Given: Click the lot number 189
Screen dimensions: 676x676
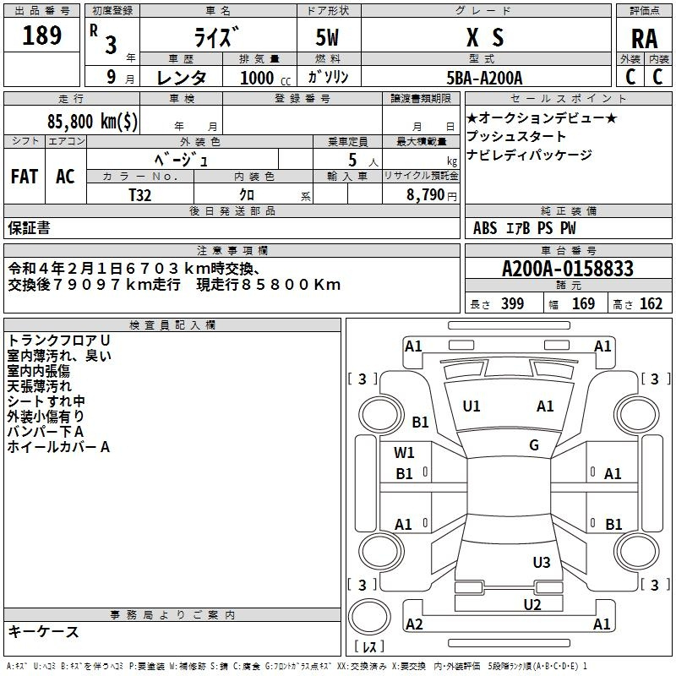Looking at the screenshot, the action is pyautogui.click(x=41, y=35).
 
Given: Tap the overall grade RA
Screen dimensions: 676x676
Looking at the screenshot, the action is pyautogui.click(x=645, y=39).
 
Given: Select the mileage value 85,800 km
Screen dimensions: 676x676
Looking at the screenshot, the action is pyautogui.click(x=92, y=121).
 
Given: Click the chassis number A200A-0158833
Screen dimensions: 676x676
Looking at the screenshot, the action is pyautogui.click(x=568, y=269).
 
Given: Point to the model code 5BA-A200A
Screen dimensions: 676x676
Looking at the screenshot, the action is pyautogui.click(x=484, y=78).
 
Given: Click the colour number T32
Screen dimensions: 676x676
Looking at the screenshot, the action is pyautogui.click(x=140, y=195).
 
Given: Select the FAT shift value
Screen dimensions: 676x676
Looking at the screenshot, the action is pyautogui.click(x=25, y=177).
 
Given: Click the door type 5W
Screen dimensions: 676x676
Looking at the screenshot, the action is pyautogui.click(x=327, y=37).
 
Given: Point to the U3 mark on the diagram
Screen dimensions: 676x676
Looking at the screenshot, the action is pyautogui.click(x=542, y=562).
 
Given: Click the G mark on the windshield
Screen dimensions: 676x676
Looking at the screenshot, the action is pyautogui.click(x=534, y=444).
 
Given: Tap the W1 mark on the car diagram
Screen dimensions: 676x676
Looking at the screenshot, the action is pyautogui.click(x=404, y=452).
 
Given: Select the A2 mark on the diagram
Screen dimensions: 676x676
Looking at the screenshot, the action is pyautogui.click(x=414, y=624).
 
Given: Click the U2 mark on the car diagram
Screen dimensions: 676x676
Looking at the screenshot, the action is pyautogui.click(x=532, y=604).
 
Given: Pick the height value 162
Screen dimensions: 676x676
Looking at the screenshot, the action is pyautogui.click(x=651, y=303).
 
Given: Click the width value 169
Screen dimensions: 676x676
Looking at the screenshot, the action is pyautogui.click(x=583, y=303).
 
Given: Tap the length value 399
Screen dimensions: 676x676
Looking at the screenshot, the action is pyautogui.click(x=512, y=303).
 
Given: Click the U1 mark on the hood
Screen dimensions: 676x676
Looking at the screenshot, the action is pyautogui.click(x=472, y=406).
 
